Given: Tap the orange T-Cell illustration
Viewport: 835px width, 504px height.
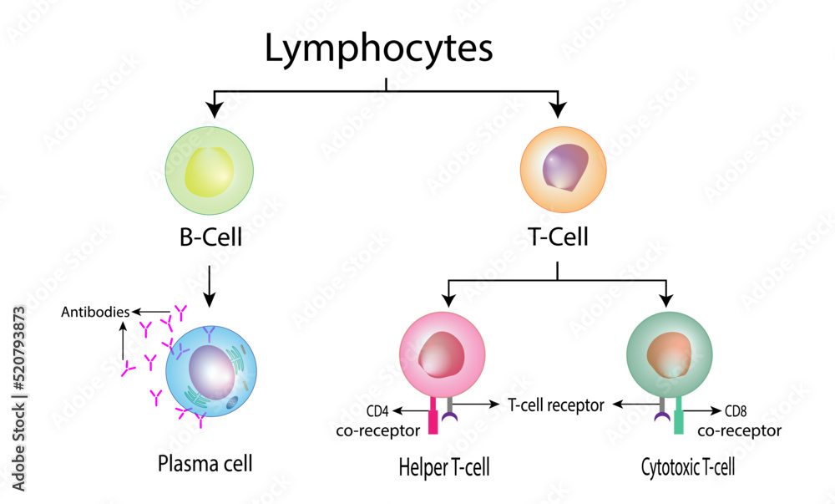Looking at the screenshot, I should click(564, 168).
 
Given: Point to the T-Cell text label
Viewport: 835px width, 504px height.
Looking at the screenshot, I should click(558, 237).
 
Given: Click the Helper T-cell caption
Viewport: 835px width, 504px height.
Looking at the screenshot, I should click(443, 467).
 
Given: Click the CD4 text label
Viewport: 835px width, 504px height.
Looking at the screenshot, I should click(378, 411).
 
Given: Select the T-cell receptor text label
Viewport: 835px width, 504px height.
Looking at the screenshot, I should click(555, 405).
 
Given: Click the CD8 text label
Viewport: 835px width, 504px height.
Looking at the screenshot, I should click(736, 411).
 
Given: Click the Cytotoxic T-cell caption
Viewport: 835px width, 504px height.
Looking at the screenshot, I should click(687, 467).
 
